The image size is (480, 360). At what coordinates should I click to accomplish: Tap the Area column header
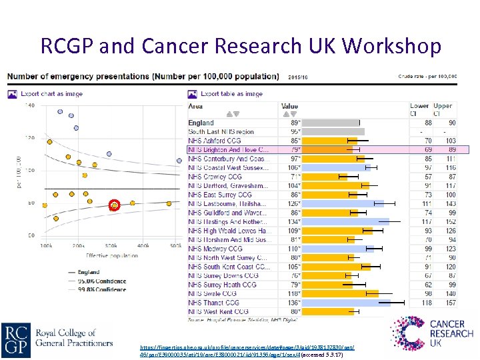pos(196,106)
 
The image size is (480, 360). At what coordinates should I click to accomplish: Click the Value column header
pos(290,106)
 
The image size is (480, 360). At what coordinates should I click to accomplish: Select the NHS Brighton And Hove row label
pos(228,150)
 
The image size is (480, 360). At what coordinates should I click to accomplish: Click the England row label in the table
pos(201,123)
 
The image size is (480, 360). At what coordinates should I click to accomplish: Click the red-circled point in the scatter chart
pos(114,205)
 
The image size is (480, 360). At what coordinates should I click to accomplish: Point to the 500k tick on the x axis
pos(175,246)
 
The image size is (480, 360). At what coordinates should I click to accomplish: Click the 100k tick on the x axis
pos(47,246)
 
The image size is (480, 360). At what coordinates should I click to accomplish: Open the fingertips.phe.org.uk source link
pos(247,347)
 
